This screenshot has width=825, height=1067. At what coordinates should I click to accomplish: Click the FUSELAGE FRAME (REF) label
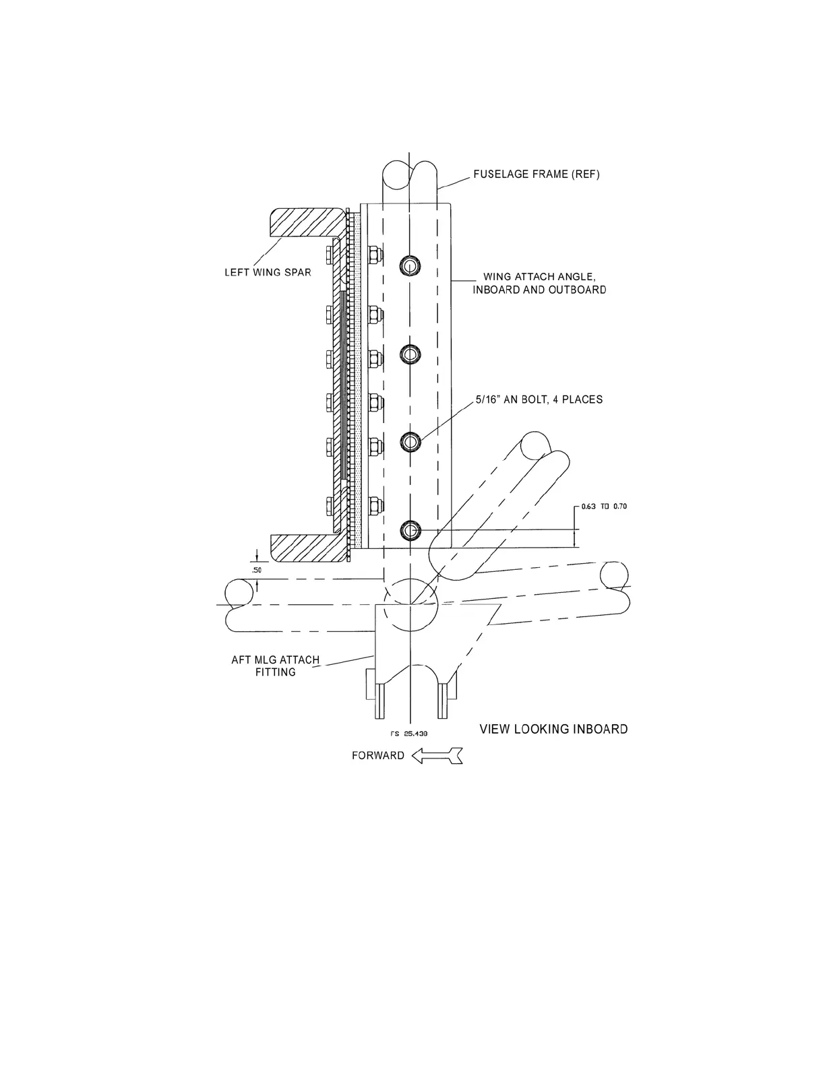pos(536,174)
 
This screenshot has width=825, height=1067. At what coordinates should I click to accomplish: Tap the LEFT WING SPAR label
pos(268,273)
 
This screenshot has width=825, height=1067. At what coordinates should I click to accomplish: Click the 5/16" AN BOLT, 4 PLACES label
pos(539,399)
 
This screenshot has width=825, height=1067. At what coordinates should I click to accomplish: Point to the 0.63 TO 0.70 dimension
pos(603,507)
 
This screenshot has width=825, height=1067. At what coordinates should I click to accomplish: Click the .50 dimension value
pos(256,570)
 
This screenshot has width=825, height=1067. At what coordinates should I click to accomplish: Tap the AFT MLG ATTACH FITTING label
pos(275,666)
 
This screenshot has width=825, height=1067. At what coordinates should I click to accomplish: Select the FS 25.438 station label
pos(410,733)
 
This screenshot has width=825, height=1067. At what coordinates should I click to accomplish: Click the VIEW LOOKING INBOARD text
pos(553,729)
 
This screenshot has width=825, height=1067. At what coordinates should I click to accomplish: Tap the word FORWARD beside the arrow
pos(378,756)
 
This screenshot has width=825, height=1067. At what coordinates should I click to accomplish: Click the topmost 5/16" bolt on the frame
pos(410,265)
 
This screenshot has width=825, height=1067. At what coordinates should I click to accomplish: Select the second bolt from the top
pos(410,353)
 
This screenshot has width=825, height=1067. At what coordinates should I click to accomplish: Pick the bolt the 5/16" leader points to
pos(410,441)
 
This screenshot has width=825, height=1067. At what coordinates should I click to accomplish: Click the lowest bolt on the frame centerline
pos(410,531)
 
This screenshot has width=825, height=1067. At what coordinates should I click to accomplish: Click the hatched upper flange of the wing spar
pos(307,222)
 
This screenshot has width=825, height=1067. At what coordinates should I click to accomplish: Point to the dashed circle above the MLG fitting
pos(410,603)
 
